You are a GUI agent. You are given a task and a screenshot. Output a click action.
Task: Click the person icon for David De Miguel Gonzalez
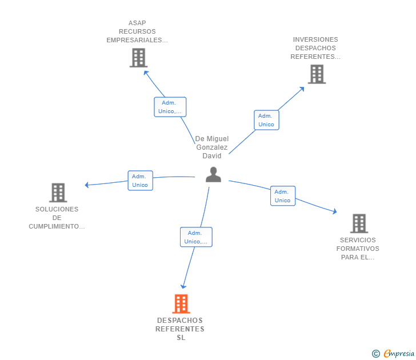click(x=213, y=175)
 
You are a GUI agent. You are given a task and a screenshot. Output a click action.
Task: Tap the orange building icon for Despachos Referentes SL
click(x=181, y=304)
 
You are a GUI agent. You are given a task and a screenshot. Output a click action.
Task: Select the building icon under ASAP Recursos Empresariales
click(x=138, y=58)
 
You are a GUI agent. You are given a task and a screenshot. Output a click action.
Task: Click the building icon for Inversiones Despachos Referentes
click(x=317, y=74)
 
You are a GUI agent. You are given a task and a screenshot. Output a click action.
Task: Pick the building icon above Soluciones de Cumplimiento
click(x=58, y=193)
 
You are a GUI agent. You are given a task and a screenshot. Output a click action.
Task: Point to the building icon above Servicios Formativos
click(x=359, y=223)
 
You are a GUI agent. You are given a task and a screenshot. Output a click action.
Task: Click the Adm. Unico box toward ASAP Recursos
click(x=170, y=107)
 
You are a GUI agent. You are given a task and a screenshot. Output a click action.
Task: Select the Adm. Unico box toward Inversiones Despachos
click(x=266, y=120)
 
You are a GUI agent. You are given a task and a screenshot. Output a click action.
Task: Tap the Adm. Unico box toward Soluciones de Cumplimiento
click(x=140, y=181)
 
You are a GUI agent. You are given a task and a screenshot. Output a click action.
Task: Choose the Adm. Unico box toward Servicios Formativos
click(x=283, y=196)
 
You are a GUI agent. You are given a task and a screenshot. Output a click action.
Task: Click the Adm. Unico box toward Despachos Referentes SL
click(x=196, y=237)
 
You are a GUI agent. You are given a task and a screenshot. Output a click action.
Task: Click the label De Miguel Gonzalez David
click(x=211, y=147)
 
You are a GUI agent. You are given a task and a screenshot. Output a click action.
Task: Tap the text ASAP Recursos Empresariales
click(x=137, y=32)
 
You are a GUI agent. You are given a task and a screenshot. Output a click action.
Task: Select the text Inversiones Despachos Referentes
click(x=315, y=48)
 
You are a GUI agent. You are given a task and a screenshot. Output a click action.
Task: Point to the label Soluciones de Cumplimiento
click(x=57, y=218)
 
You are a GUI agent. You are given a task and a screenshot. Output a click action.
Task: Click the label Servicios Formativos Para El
click(x=358, y=249)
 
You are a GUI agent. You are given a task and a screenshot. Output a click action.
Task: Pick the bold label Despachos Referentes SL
click(x=181, y=329)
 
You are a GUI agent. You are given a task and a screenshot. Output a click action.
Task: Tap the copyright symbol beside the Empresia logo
click(x=376, y=354)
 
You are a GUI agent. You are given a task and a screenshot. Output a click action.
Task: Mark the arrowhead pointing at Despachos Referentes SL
click(x=183, y=286)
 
